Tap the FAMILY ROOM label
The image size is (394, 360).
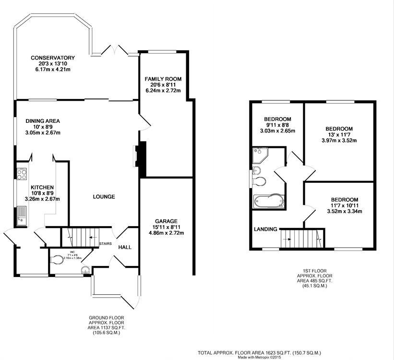point(163,79)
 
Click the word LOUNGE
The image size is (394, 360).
point(104,196)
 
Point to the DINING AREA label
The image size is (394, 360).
point(43,121)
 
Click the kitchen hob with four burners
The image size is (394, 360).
point(22,174)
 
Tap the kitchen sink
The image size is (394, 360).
point(22,214)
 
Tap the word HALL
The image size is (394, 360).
point(125,247)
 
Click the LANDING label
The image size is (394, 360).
point(266,229)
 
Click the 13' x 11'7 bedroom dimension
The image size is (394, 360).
point(339,135)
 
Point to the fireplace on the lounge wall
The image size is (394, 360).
point(136,156)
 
